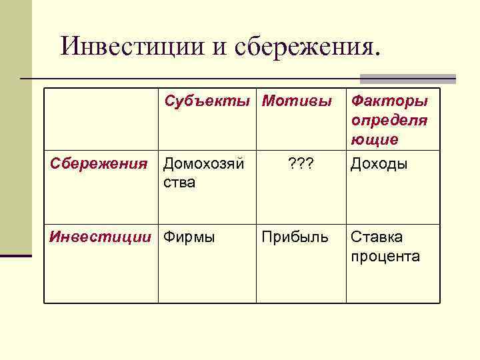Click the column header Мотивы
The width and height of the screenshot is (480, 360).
pos(297,101)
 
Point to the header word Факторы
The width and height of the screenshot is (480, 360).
pos(389,101)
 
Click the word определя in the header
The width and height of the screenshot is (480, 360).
pos(389,121)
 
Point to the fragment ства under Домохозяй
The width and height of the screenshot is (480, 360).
pos(179,183)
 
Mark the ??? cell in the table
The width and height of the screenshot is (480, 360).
pos(300,164)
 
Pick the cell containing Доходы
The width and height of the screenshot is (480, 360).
pos(379,164)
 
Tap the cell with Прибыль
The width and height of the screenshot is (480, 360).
pos(295,237)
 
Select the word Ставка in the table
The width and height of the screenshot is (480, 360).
pos(377,237)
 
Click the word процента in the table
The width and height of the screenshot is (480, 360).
pos(385,257)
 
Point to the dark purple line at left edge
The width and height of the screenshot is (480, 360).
pos(15,255)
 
